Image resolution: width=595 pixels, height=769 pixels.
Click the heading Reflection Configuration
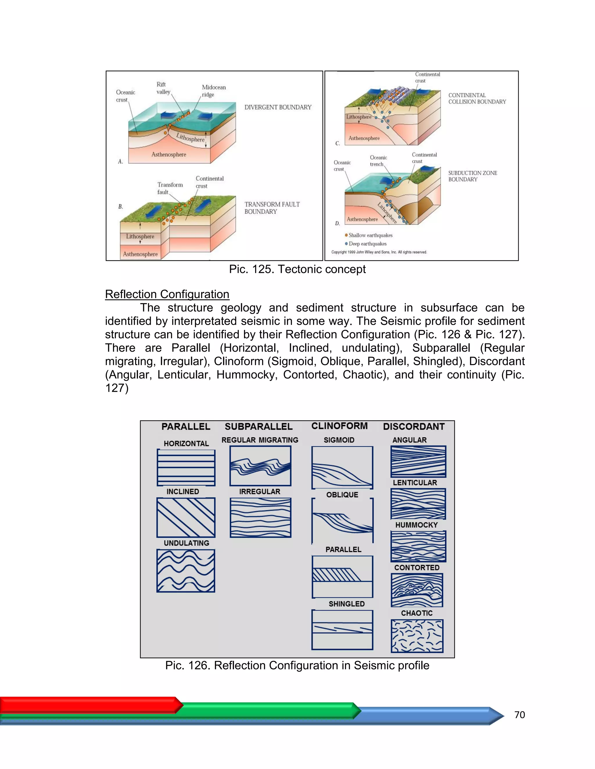tap(167, 294)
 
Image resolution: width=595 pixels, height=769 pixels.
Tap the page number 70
tap(519, 715)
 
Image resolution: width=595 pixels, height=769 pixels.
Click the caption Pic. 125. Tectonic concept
tap(297, 269)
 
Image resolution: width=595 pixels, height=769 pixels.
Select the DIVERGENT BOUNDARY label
tap(278, 107)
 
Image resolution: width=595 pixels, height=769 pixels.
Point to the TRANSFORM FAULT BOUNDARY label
tap(272, 208)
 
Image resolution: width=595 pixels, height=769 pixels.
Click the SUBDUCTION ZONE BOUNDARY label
tap(472, 176)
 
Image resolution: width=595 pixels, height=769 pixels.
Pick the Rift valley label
tap(163, 88)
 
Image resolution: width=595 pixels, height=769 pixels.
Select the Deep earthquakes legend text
tap(368, 244)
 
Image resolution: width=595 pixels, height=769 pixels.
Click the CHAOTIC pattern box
tap(417, 636)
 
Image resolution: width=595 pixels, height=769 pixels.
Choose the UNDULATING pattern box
tap(186, 571)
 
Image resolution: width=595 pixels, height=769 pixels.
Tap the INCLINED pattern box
tap(186, 517)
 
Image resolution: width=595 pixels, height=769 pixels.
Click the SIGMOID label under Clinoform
tap(339, 440)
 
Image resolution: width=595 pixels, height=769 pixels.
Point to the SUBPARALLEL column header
tap(258, 427)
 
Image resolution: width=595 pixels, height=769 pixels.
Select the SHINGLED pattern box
tap(342, 630)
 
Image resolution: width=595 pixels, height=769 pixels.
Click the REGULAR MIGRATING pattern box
tap(260, 466)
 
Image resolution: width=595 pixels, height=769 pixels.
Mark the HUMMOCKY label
tap(416, 525)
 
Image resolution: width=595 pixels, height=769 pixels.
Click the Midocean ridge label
tap(214, 91)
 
